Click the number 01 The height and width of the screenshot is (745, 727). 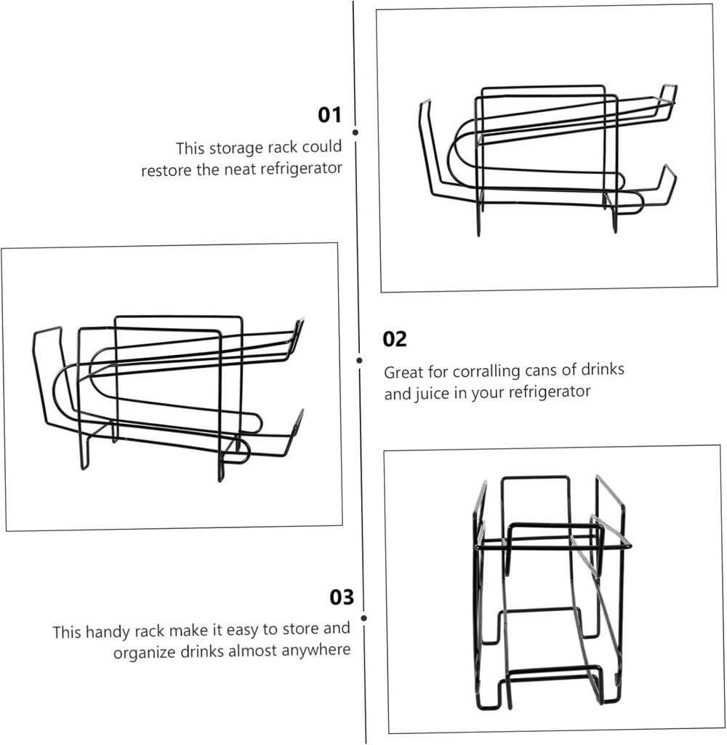tap(329, 116)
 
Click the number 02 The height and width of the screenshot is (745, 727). tap(395, 340)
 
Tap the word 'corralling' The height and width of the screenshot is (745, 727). tap(486, 371)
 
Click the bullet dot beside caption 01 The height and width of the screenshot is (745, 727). tap(356, 133)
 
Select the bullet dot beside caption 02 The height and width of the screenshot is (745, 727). tap(359, 359)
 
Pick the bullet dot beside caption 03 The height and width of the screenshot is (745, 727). tap(363, 618)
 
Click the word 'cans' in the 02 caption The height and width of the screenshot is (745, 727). tap(539, 370)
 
